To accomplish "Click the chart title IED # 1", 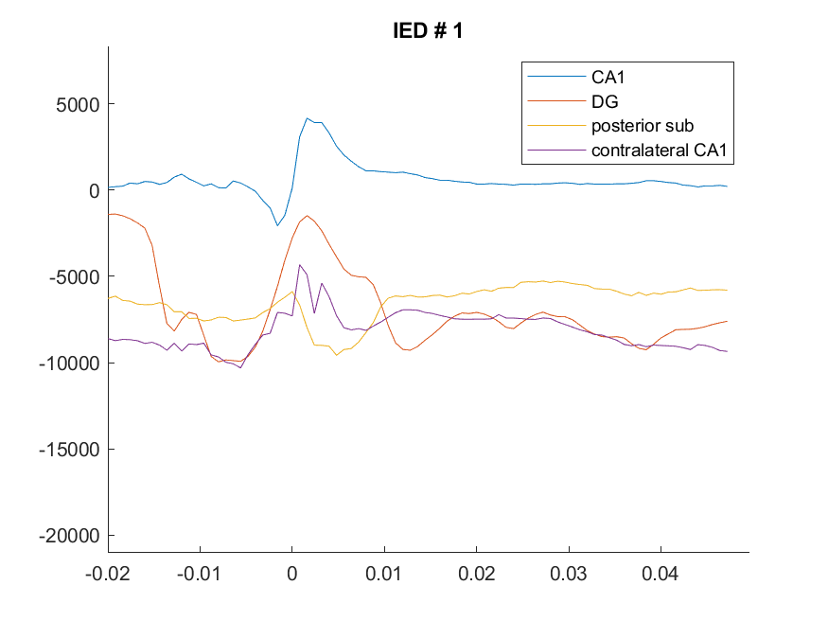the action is click(428, 30).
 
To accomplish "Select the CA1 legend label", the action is click(608, 77).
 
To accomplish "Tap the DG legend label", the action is click(605, 101).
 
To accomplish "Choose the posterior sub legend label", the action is click(643, 126).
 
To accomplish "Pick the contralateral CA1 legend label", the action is click(659, 150).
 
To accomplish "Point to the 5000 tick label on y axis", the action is click(78, 104).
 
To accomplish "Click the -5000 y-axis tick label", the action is click(74, 276).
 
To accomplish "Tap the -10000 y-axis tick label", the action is click(69, 364).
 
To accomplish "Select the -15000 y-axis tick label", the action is click(69, 450).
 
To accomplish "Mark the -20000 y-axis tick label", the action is click(69, 536).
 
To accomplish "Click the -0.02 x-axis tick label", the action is click(108, 574).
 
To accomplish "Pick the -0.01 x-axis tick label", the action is click(199, 574).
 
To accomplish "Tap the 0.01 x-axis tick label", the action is click(384, 574).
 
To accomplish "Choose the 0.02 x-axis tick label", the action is click(476, 574).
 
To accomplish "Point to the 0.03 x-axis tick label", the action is click(568, 574).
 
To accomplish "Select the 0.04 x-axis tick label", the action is click(661, 574).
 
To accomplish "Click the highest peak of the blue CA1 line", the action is click(308, 118).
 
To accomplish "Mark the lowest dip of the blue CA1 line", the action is click(277, 225).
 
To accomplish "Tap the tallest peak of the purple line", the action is click(299, 265).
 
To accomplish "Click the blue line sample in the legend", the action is click(556, 77).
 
